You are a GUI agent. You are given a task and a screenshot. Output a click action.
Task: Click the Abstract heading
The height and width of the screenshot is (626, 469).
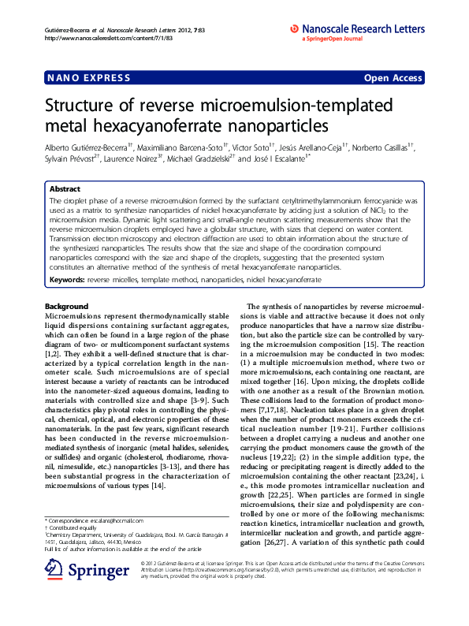(x=65, y=189)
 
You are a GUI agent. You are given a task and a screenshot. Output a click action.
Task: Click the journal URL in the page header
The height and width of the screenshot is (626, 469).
(x=99, y=37)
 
